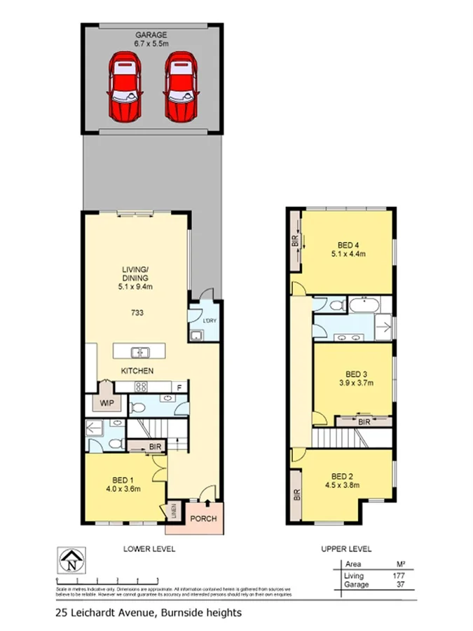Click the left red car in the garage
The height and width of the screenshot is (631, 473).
click(125, 88)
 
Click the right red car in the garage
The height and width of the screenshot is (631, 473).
click(181, 88)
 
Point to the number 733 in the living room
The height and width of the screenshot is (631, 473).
click(137, 313)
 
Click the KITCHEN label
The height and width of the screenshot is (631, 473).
click(137, 371)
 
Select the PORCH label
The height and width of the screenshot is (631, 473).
click(205, 520)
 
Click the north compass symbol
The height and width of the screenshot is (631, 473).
click(72, 562)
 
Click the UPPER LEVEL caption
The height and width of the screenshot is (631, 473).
click(346, 549)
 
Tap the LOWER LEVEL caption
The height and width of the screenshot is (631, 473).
click(149, 549)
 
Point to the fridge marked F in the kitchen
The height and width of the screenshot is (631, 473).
click(179, 386)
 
